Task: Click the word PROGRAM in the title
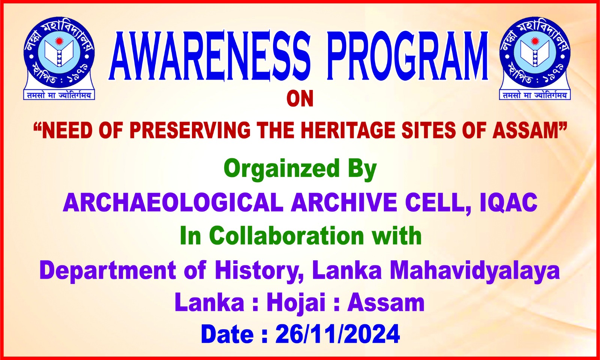click(x=407, y=56)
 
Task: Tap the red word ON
click(x=300, y=99)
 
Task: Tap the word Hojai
click(x=296, y=303)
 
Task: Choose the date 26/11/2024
click(x=338, y=334)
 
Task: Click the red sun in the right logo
click(x=535, y=41)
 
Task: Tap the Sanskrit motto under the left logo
click(x=59, y=95)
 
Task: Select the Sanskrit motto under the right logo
click(x=535, y=95)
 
